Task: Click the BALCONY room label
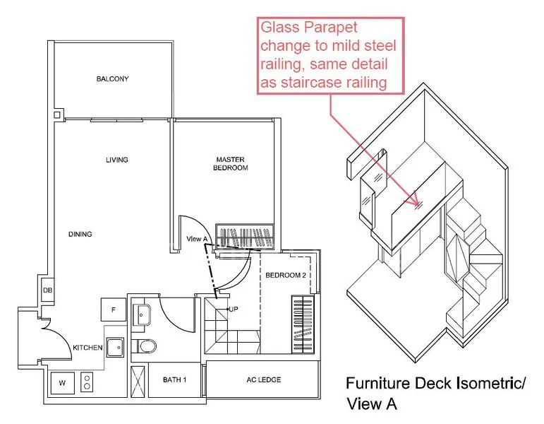click(x=112, y=79)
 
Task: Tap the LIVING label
click(x=117, y=160)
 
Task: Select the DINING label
click(x=80, y=234)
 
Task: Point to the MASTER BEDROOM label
click(x=230, y=164)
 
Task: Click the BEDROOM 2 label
click(x=286, y=276)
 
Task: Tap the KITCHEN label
click(x=87, y=348)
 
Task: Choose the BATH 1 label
click(x=174, y=380)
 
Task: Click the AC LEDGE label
click(x=264, y=380)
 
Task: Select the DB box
click(x=48, y=290)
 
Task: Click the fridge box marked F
click(x=114, y=310)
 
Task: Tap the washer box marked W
click(x=63, y=383)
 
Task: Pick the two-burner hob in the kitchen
click(x=87, y=382)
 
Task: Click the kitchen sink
click(x=115, y=348)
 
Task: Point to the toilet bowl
click(x=146, y=346)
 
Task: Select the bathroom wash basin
click(x=142, y=315)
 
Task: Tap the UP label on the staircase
click(x=234, y=309)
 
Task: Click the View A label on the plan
click(x=197, y=239)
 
